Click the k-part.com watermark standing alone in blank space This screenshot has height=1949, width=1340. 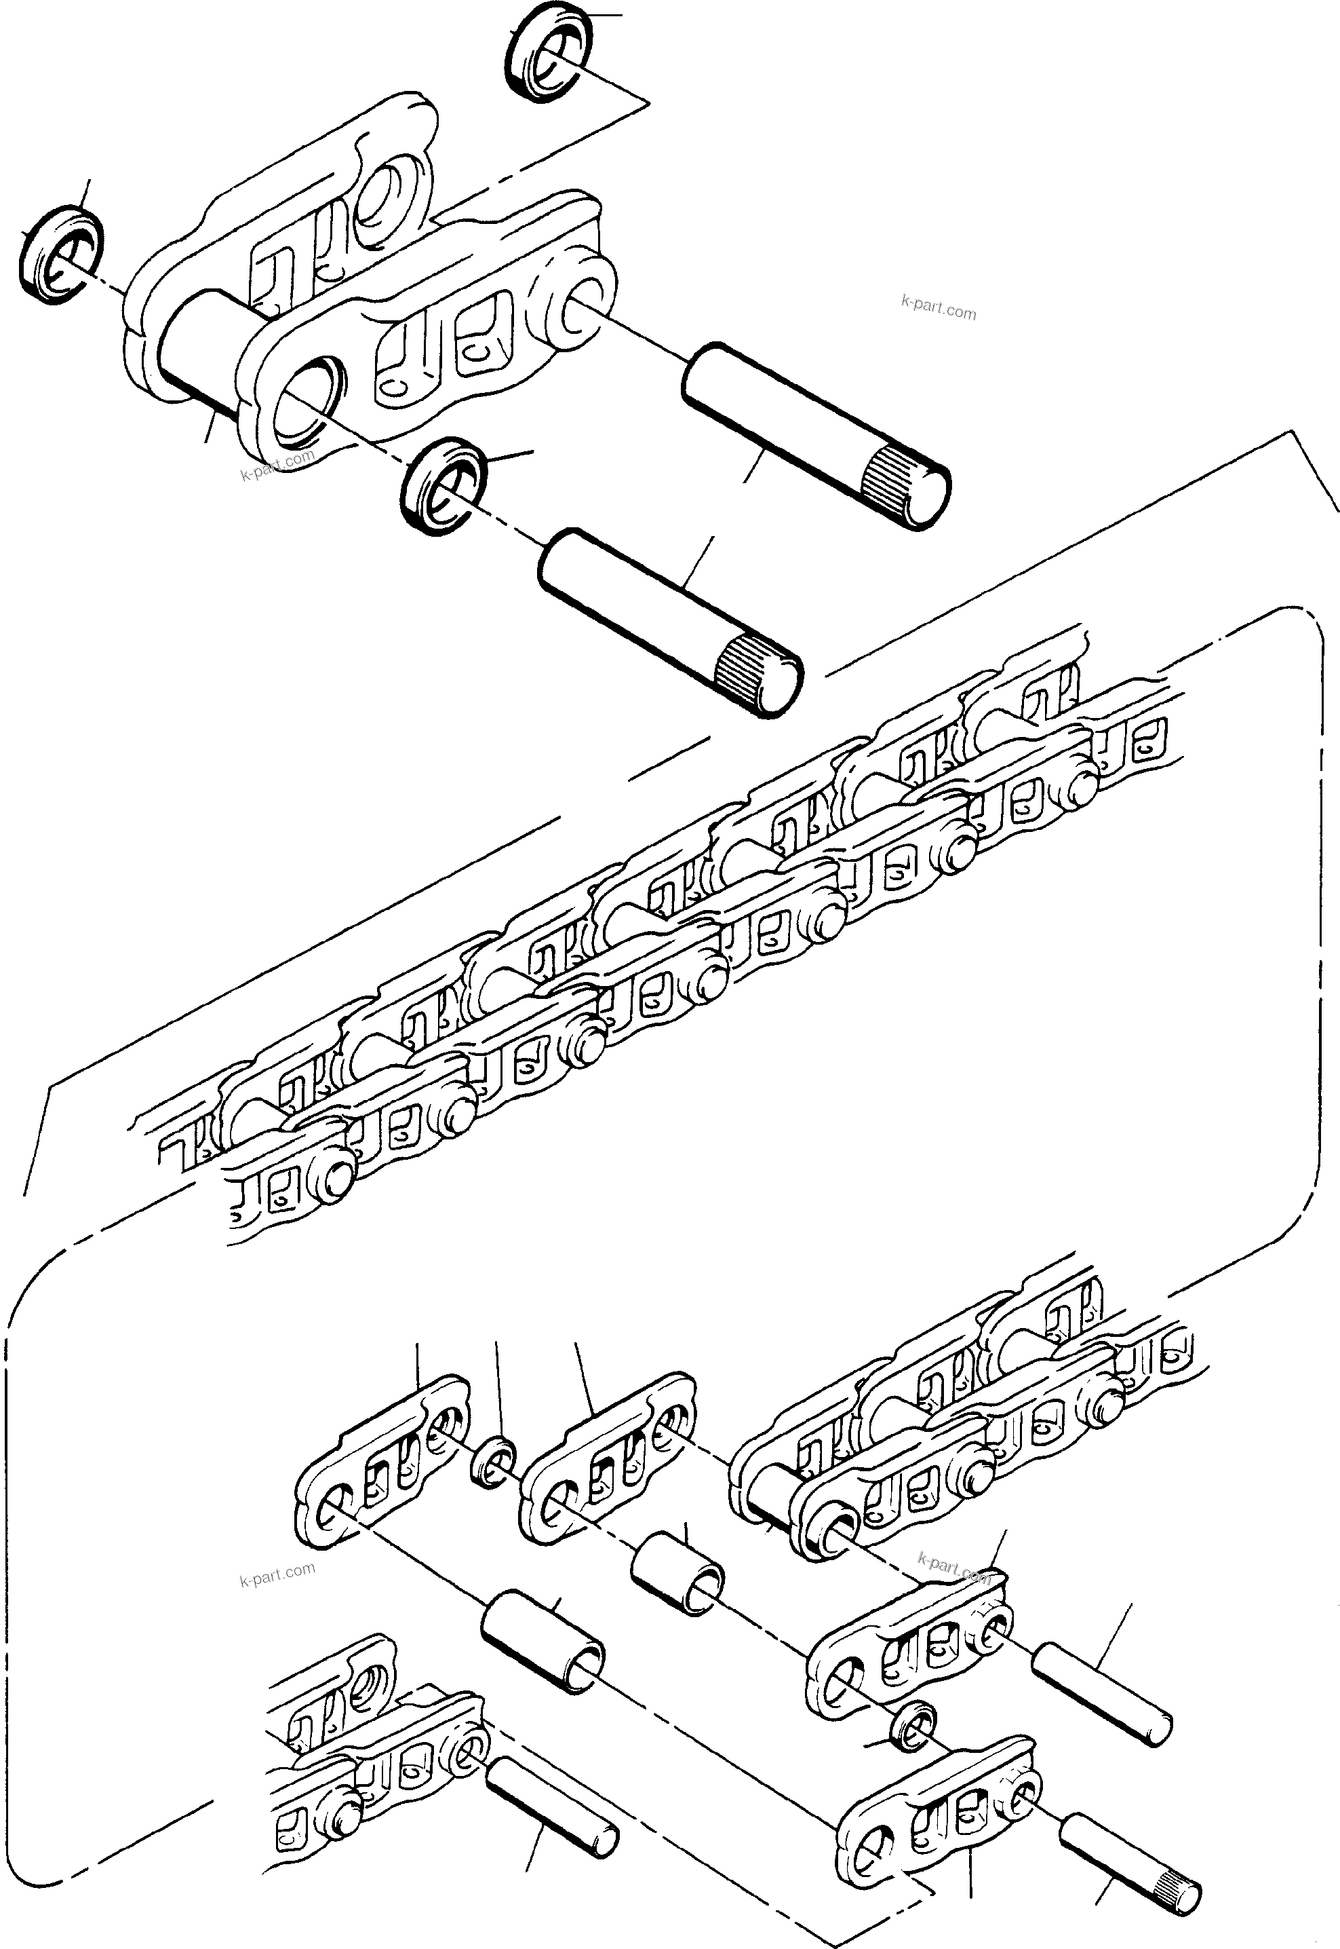pos(938,307)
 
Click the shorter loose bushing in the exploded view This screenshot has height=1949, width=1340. pos(677,1568)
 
